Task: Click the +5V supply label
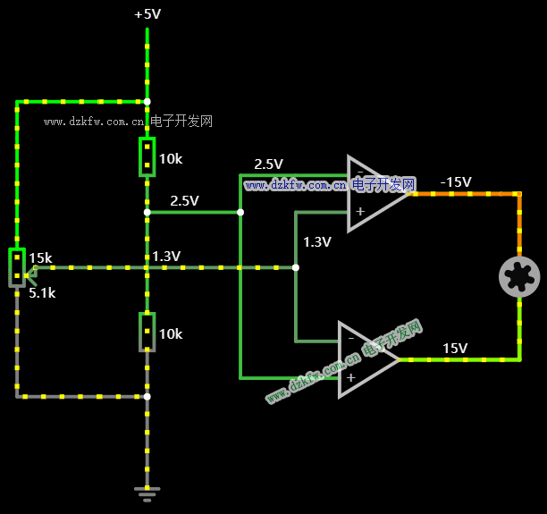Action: pos(147,14)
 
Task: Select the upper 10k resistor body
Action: pos(147,157)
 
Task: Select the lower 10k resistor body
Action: pos(147,332)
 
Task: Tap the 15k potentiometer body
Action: pos(17,266)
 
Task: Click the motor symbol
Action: pos(519,276)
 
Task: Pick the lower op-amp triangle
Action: pos(365,359)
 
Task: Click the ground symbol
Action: pos(147,493)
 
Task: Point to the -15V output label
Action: pos(455,181)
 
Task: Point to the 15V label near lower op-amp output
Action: pos(455,348)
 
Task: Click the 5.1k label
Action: pos(42,292)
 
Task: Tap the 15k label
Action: pos(40,257)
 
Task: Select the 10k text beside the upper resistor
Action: pos(171,159)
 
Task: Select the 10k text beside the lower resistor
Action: pos(171,333)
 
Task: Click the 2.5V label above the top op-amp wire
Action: pos(268,164)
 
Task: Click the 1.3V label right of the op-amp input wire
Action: pos(317,241)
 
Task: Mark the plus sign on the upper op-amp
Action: pos(360,212)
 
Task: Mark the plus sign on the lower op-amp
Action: pos(350,377)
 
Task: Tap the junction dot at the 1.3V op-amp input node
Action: pos(296,267)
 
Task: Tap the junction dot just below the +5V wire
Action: pos(147,102)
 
